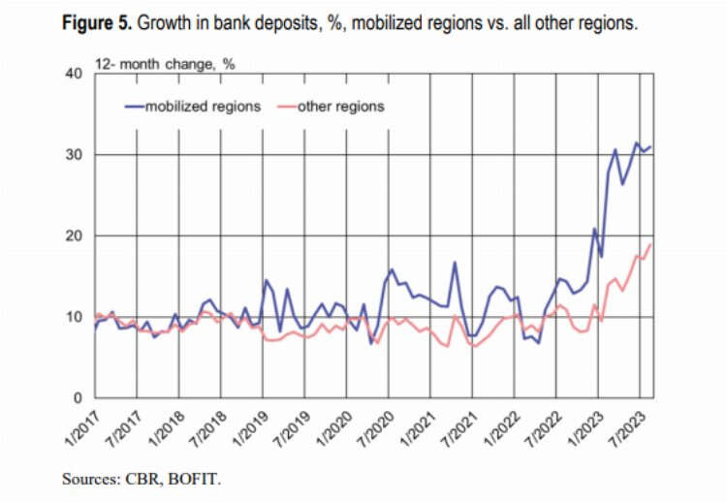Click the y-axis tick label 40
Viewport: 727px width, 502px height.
pos(73,75)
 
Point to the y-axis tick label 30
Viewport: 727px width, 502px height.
pos(73,155)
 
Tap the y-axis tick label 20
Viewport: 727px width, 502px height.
pos(73,236)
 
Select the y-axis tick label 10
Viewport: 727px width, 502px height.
pos(73,317)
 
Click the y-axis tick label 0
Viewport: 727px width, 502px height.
pos(77,398)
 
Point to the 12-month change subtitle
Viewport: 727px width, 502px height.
pos(165,64)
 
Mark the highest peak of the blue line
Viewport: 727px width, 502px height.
pos(636,143)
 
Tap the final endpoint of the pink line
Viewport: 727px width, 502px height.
pos(649,244)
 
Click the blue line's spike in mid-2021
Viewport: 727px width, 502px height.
pos(455,263)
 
